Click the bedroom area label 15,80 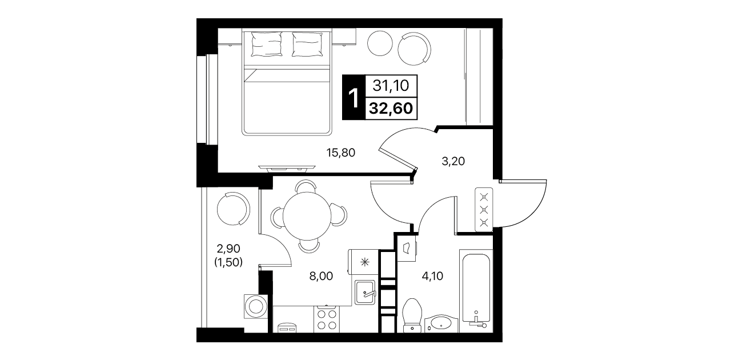(340, 153)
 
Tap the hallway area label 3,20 (453, 161)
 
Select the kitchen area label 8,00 (321, 276)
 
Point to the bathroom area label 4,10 (432, 276)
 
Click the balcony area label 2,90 (228, 248)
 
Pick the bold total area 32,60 (391, 108)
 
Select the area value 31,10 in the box (391, 86)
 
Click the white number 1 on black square (354, 98)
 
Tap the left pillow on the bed (267, 45)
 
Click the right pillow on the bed (307, 45)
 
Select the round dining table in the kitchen (307, 216)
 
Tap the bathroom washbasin (441, 324)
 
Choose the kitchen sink (365, 293)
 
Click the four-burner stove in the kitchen (327, 319)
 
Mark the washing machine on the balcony (256, 306)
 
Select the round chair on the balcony (234, 209)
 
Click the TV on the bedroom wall (287, 168)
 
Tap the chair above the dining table (306, 186)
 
